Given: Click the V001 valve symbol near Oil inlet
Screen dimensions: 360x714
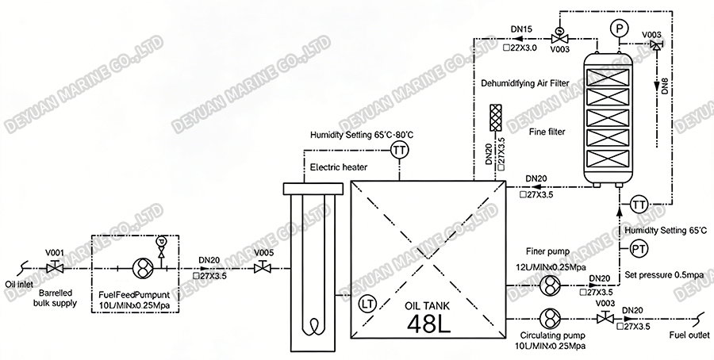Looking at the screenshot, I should [x=55, y=268].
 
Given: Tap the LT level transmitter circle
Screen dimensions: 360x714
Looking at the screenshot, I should [x=367, y=302].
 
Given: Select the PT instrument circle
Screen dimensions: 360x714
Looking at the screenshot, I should [x=639, y=250].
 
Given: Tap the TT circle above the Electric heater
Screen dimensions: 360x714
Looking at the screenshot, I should [x=400, y=151].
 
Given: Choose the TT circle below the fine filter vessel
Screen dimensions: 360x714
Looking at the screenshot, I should [x=639, y=205].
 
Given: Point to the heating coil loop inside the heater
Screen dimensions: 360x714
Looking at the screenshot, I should [x=315, y=325].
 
